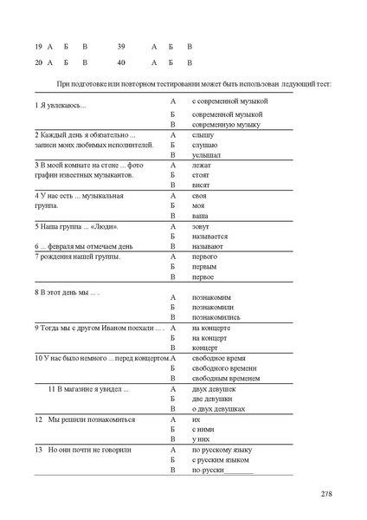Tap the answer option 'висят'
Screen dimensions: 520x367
(202, 185)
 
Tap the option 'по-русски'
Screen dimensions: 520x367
(209, 469)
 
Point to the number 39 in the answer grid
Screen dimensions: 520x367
(120, 45)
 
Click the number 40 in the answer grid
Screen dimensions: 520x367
(120, 62)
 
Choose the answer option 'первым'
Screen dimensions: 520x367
(204, 266)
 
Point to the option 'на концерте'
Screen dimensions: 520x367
(210, 328)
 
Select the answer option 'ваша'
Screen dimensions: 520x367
(200, 215)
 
